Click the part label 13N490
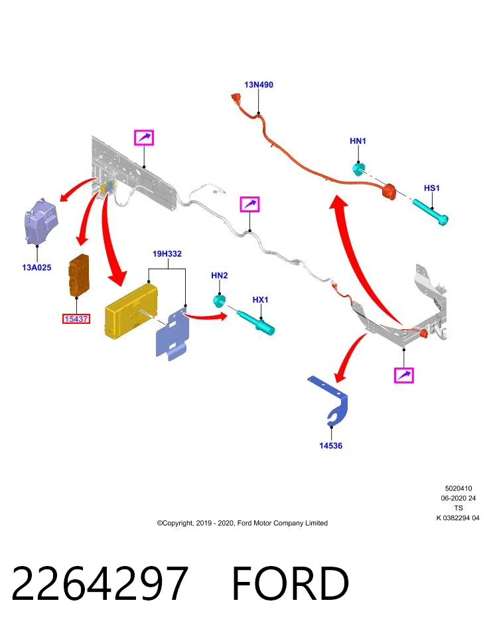(258, 84)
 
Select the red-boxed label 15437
(76, 319)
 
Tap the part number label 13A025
(36, 267)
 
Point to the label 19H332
(167, 254)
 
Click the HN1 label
(358, 141)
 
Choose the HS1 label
(432, 188)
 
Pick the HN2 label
(220, 275)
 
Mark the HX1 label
(260, 300)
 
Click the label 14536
(330, 446)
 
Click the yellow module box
(131, 311)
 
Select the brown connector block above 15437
(79, 275)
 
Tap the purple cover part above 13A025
(41, 222)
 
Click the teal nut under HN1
(359, 169)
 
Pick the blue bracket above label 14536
(330, 401)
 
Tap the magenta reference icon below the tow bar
(404, 376)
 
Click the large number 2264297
(100, 584)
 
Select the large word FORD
(291, 584)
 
